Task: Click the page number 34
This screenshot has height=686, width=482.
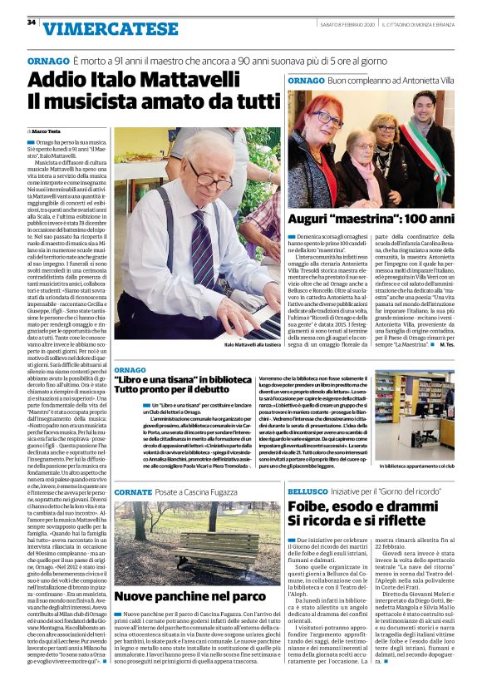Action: coord(31,22)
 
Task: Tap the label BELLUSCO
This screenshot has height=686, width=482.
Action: coord(309,492)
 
